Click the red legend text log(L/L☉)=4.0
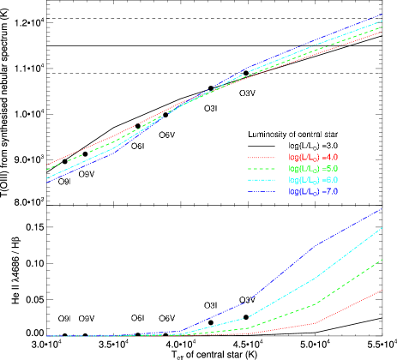(313, 158)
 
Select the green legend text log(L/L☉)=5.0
(313, 169)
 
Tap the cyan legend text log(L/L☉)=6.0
(313, 181)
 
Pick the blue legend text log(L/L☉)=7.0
(313, 193)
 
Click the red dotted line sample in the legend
(262, 158)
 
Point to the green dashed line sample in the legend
(262, 169)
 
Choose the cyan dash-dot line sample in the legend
(262, 181)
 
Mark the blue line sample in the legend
(262, 193)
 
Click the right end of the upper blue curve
(382, 15)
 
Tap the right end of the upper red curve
(382, 32)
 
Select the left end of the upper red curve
(46, 165)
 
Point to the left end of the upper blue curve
(46, 183)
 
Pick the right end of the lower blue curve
(382, 209)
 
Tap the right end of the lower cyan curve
(382, 228)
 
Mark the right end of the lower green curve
(382, 259)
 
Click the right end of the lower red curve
(382, 290)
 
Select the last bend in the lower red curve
(316, 323)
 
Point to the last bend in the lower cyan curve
(316, 279)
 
